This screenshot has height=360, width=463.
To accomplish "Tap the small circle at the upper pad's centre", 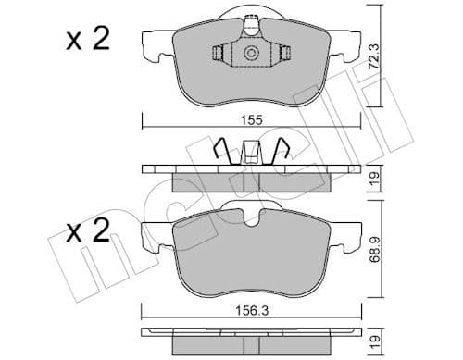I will point(248,55).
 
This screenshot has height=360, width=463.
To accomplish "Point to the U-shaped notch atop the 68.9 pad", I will point(247,217).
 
